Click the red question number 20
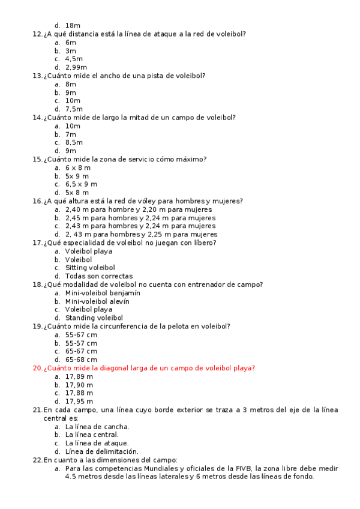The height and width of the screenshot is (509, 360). point(37,368)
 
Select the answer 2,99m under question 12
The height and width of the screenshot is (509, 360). point(76,68)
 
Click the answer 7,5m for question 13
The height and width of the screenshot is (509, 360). point(74,109)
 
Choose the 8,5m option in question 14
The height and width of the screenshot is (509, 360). point(74,143)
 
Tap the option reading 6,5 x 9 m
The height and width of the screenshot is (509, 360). point(81,184)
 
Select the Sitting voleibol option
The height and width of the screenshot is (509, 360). point(90,268)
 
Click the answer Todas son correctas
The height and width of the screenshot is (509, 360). point(94,276)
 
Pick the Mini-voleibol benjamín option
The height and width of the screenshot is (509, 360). point(103,293)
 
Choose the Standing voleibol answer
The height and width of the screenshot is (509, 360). point(94,318)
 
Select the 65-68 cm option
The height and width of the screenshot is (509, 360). point(81,360)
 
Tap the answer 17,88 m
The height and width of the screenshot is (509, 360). point(79,393)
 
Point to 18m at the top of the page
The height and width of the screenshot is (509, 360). point(73,26)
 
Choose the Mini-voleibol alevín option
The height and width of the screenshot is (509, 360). point(98,301)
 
